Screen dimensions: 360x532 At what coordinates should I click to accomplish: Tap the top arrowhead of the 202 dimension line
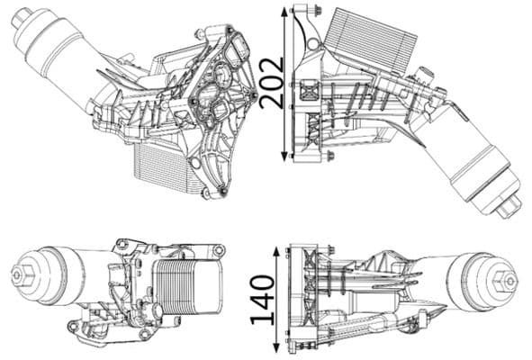point(286,12)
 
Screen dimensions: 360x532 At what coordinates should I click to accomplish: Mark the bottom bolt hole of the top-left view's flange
point(210,192)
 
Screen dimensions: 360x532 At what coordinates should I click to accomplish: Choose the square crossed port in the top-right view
point(309,90)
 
